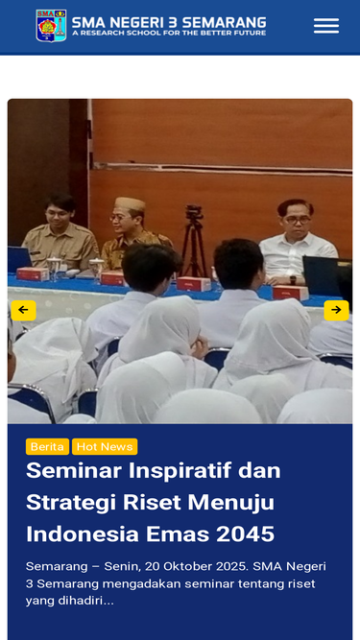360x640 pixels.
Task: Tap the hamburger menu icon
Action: point(326,26)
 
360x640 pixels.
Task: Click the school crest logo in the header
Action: point(51,26)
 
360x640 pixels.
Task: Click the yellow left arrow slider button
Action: point(23,310)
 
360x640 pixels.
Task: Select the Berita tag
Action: point(47,446)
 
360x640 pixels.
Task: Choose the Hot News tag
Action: point(105,446)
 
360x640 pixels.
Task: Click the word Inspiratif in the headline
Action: point(180,471)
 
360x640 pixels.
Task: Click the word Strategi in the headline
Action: point(71,503)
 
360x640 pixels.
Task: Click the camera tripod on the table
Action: point(194,241)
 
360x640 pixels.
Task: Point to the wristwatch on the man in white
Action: point(293,279)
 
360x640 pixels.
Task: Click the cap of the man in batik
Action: point(130,203)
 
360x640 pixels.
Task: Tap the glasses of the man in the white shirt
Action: point(298,220)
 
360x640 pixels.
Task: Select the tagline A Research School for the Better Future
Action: point(169,33)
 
